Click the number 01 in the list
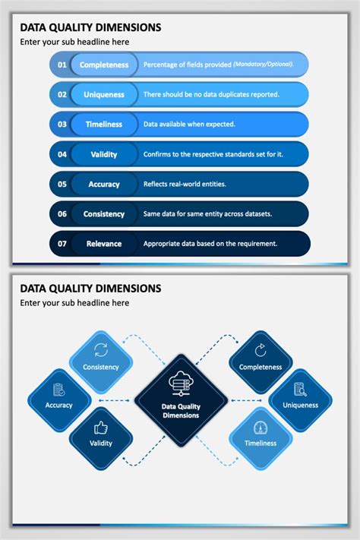(x=62, y=65)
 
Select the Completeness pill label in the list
(x=104, y=65)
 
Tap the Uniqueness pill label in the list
(x=104, y=94)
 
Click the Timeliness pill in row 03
(x=104, y=124)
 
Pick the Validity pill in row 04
(x=104, y=154)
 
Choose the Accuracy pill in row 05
(x=104, y=184)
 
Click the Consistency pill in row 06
(x=104, y=214)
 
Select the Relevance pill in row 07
(x=104, y=244)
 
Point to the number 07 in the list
(x=62, y=244)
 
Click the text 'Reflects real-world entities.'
(x=185, y=184)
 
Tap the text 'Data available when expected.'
(x=189, y=124)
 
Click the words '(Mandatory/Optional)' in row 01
(x=263, y=65)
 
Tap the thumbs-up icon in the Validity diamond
(x=101, y=427)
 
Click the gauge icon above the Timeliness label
(x=261, y=427)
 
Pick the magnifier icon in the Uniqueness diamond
(x=300, y=389)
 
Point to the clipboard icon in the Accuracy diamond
(x=58, y=389)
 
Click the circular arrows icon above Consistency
(x=101, y=350)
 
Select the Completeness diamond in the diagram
(x=261, y=361)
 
